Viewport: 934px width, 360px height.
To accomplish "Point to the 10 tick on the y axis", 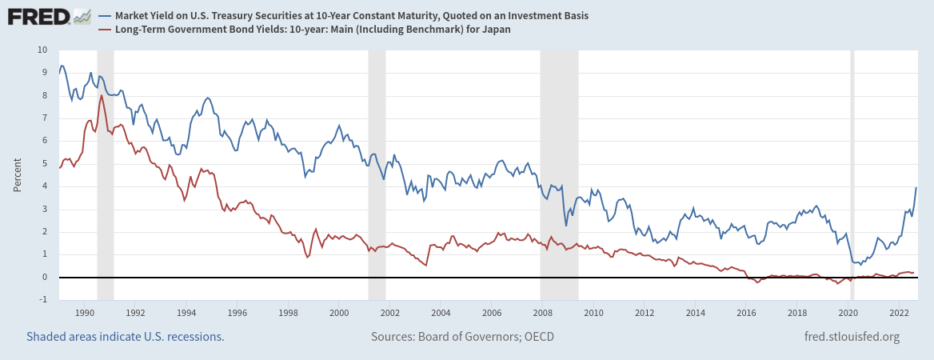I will (x=42, y=50).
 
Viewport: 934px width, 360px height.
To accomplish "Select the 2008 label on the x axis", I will (x=542, y=312).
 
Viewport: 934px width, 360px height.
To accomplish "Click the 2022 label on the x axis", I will (x=898, y=312).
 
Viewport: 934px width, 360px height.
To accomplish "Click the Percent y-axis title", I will (x=18, y=174).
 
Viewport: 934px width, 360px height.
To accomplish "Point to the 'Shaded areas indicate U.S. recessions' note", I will (x=126, y=337).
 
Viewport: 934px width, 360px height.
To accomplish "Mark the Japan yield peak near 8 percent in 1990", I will (x=102, y=95).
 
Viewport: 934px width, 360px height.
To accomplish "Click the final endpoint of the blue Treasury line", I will (x=916, y=187).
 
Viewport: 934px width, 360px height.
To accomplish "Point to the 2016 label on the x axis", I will (x=745, y=312).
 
